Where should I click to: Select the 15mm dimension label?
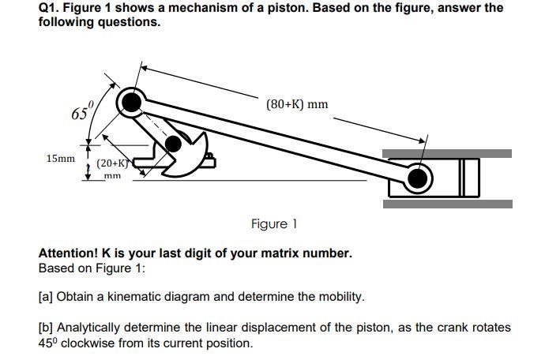tap(59, 159)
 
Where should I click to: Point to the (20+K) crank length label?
tap(112, 163)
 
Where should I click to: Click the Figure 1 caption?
tap(274, 224)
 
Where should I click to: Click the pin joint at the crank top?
tap(132, 101)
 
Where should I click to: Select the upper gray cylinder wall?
tap(446, 153)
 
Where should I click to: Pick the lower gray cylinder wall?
tap(446, 204)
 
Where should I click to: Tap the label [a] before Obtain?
tap(47, 297)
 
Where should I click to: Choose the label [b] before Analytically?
tap(47, 326)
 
